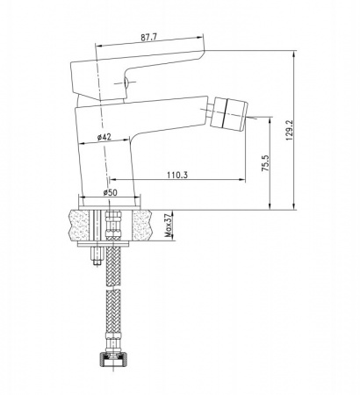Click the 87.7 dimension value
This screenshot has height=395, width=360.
(149, 38)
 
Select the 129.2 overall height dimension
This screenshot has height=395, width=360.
(290, 130)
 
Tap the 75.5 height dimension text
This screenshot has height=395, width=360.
(265, 163)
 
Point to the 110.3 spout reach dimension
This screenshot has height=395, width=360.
(177, 175)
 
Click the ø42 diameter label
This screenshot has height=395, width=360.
(104, 137)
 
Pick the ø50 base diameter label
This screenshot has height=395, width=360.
(110, 192)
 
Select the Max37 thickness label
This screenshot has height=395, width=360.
(169, 226)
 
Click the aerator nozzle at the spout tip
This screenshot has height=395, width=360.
(229, 113)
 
